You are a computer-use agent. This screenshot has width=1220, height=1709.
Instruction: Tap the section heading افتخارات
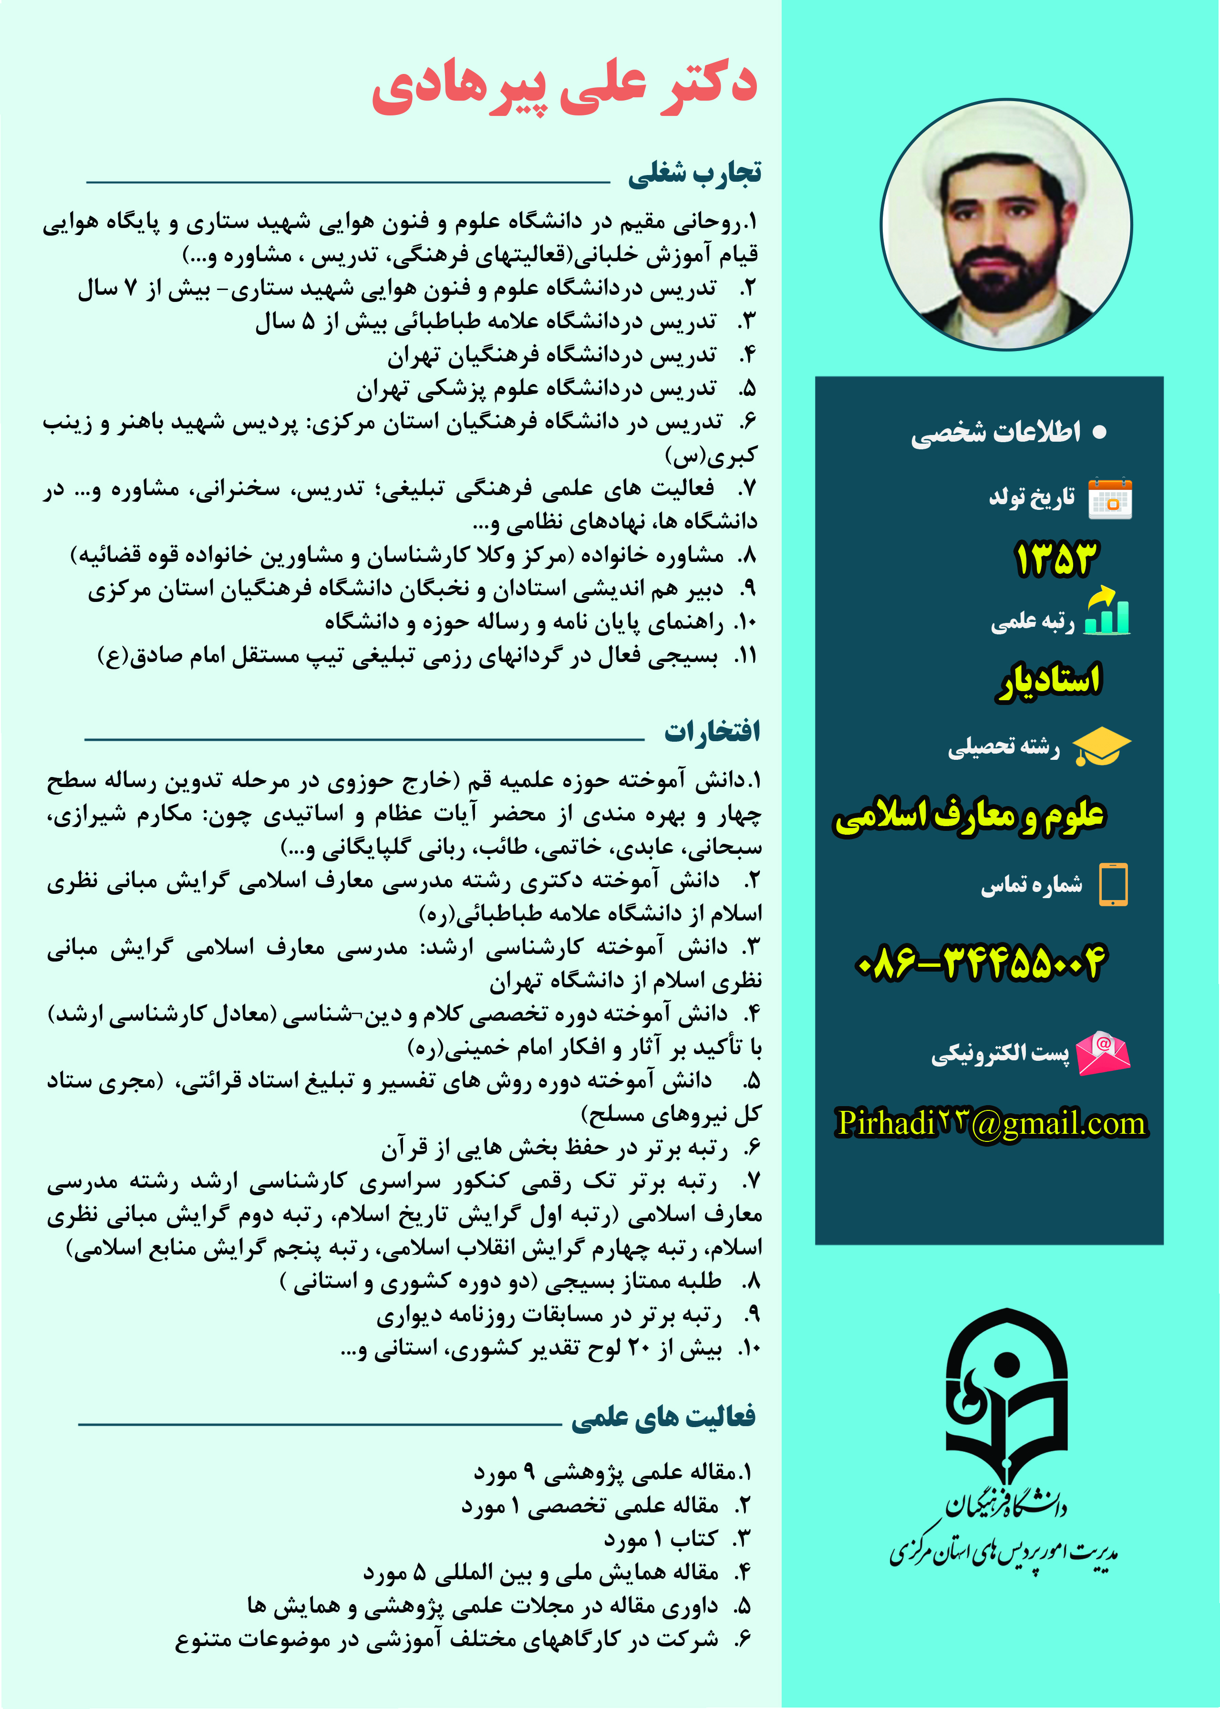pos(712,731)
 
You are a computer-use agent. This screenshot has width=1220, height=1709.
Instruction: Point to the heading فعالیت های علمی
pos(663,1416)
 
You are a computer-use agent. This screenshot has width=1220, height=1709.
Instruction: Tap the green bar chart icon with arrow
pos(1106,611)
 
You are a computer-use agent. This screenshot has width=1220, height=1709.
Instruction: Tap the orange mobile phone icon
pos(1113,884)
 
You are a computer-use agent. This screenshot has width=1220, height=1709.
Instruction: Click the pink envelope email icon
pos(1102,1052)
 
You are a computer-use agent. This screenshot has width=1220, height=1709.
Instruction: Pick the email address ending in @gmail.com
pos(992,1124)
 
